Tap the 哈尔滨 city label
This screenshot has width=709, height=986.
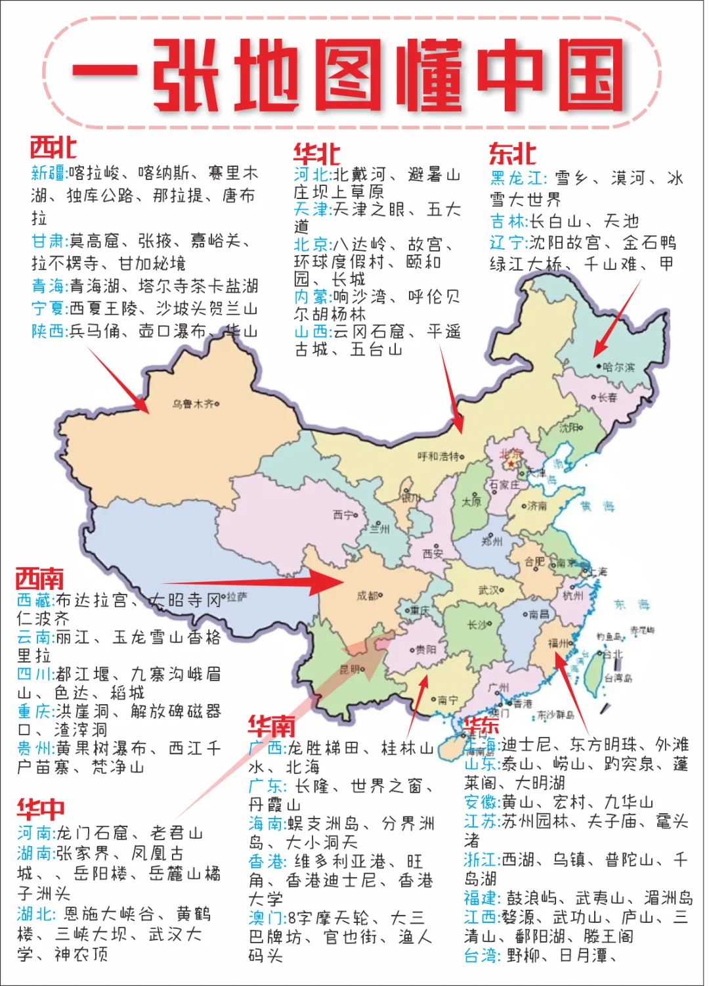(618, 367)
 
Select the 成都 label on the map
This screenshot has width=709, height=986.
(368, 596)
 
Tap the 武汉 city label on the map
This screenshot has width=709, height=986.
(490, 590)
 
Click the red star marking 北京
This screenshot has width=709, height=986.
(511, 464)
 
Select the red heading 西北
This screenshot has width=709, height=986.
(53, 148)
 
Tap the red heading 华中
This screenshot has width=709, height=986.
(41, 809)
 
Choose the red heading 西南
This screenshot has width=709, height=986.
(39, 579)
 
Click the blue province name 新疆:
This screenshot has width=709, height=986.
(49, 173)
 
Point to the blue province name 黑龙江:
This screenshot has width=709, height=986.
(518, 178)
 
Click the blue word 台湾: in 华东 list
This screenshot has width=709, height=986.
(483, 956)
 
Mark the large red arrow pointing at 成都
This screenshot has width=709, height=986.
(263, 583)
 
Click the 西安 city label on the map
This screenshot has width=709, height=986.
(432, 553)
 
